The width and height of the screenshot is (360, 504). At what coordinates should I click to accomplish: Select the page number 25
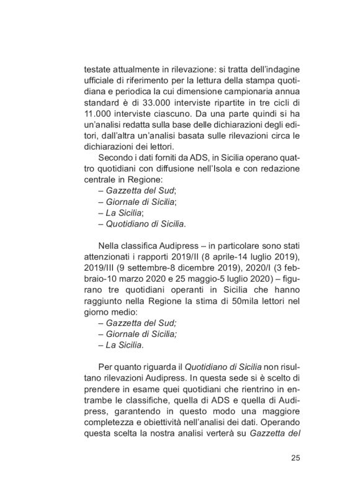(295, 459)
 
